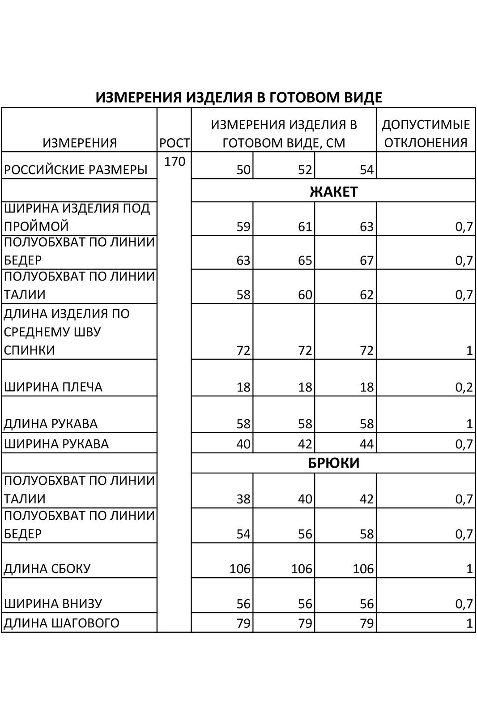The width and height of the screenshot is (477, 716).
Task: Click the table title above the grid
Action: coord(238,97)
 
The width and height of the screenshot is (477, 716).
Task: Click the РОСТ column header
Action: coord(175,143)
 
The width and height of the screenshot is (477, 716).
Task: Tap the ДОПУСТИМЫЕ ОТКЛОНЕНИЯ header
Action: coord(426,133)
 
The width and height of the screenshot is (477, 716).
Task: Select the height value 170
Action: coord(175,162)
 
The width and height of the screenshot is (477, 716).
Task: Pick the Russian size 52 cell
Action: coord(305,170)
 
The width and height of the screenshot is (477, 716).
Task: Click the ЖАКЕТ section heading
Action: coord(333,192)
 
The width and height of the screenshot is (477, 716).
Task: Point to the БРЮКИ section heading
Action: coord(333,463)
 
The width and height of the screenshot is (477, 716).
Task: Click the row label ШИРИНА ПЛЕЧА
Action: coord(53,387)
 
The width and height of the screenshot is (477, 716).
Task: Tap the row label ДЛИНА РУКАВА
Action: coord(51,423)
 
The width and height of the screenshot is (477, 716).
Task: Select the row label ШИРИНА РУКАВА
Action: coord(56,444)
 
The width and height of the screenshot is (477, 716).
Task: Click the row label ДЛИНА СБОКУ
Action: coord(47,569)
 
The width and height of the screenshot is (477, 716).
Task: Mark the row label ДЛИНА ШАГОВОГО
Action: coord(61,623)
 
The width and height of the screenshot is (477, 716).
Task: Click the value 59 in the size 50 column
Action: coord(243,227)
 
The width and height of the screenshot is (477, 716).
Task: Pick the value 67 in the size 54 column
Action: coord(366,260)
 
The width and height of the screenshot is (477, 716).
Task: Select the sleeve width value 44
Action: coord(366,444)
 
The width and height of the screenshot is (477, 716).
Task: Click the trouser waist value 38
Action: coord(243,499)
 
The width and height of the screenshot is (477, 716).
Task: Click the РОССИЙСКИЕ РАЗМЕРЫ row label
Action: coord(76,170)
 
